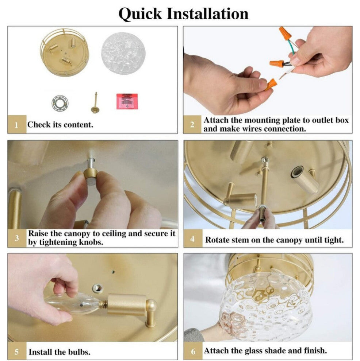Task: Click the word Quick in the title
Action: coord(140,14)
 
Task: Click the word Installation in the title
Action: coord(207,13)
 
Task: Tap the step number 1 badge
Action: coord(17,125)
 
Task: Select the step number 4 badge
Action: coord(193,238)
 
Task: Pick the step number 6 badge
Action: coord(193,351)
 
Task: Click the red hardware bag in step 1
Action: coord(127,101)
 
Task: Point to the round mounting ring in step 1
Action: coord(60,103)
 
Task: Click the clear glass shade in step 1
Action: coord(123,53)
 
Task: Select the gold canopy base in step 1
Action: coord(65,53)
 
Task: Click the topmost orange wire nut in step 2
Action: coord(285,34)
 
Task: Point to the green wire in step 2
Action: coord(291,47)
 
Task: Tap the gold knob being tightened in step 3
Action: coord(90,177)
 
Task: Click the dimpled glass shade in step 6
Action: coord(265,306)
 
